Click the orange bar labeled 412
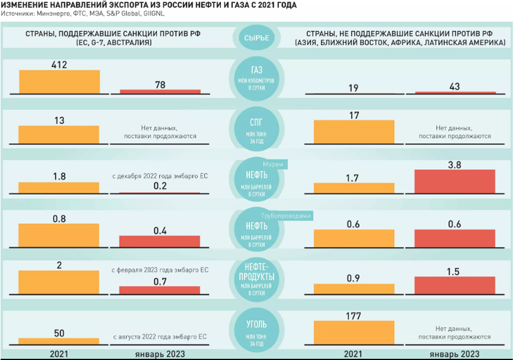[59, 82]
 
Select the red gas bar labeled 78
[160, 91]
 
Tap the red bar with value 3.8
[455, 181]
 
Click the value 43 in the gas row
[455, 87]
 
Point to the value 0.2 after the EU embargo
[160, 185]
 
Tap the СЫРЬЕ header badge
[256, 39]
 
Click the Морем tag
[275, 164]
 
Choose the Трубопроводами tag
[287, 216]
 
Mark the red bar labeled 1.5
[455, 286]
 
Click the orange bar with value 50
[59, 341]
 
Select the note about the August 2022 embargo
[160, 337]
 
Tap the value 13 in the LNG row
[59, 121]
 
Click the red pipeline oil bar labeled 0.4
[160, 241]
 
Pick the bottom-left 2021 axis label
[59, 353]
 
